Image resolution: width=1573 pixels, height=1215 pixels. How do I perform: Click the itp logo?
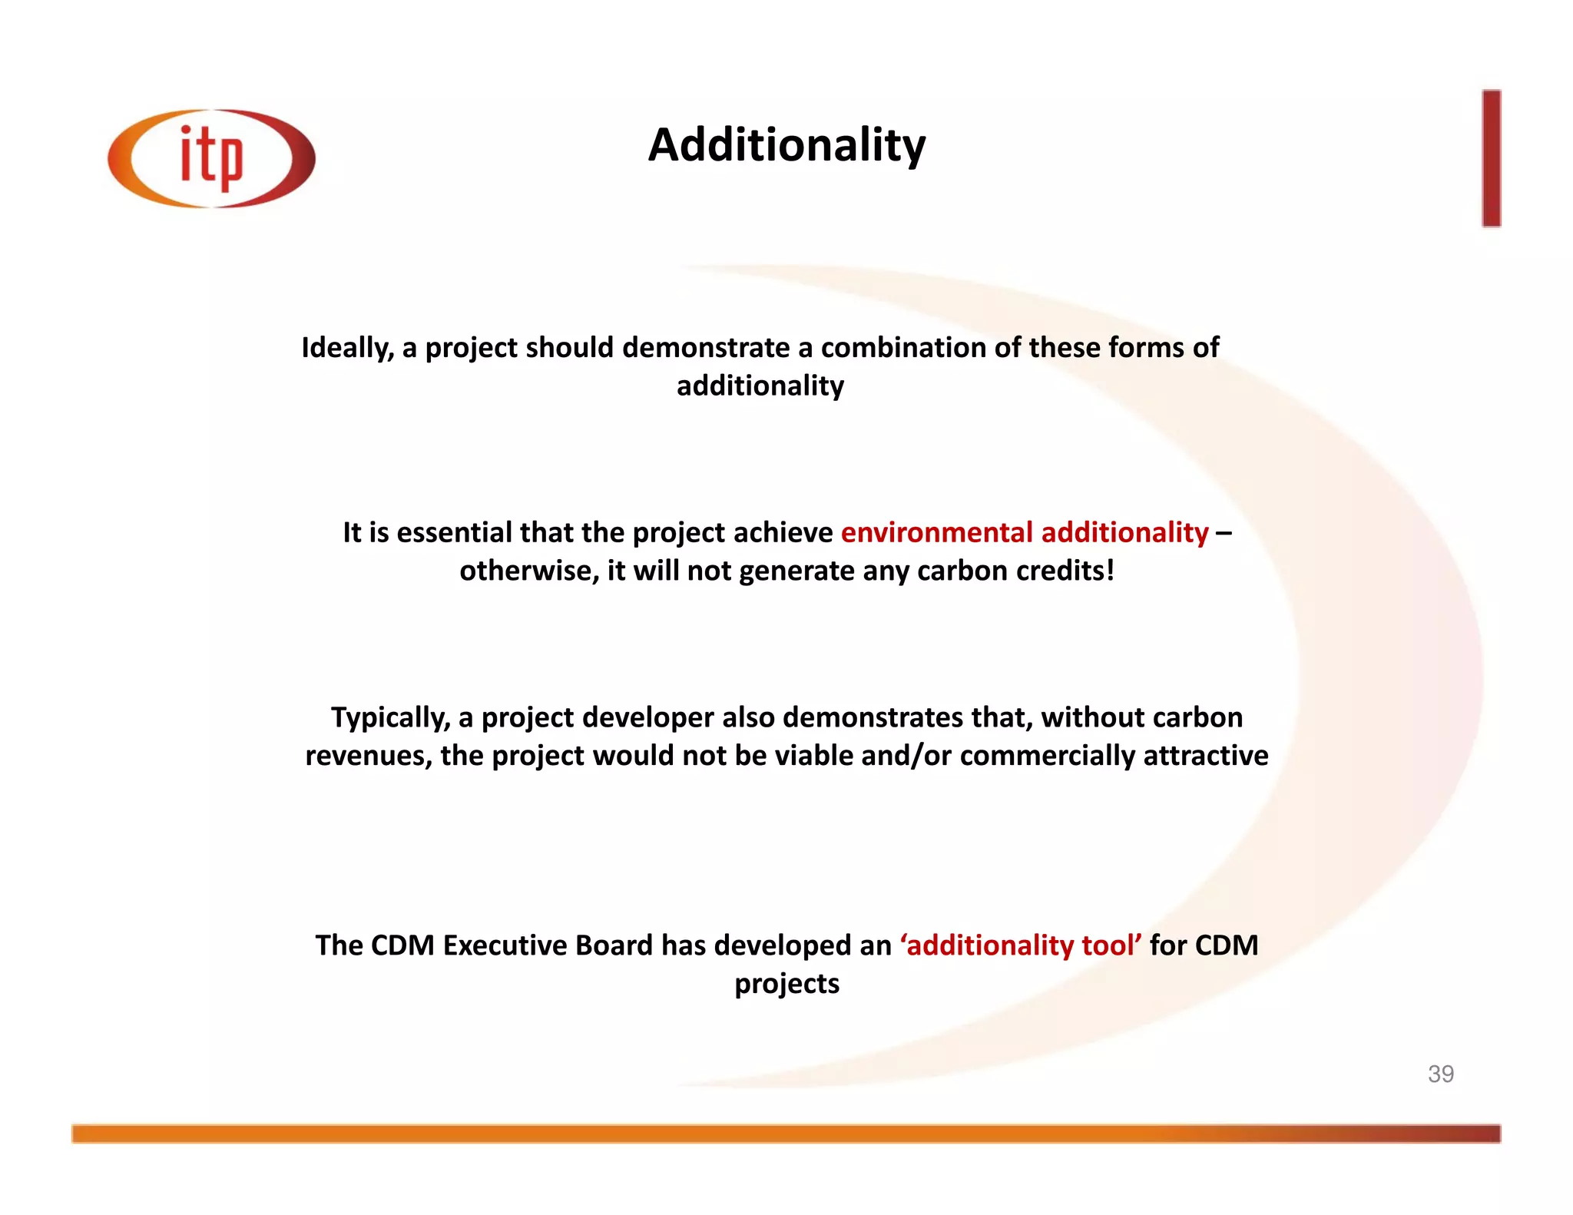[x=211, y=158]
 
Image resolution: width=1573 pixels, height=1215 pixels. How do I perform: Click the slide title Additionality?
[x=786, y=144]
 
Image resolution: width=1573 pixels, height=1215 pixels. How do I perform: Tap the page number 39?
[x=1440, y=1074]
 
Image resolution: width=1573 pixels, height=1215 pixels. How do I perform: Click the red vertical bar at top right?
[x=1491, y=158]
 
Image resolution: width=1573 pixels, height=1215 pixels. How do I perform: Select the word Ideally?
[x=347, y=348]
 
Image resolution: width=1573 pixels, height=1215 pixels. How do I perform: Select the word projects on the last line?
[x=786, y=984]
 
